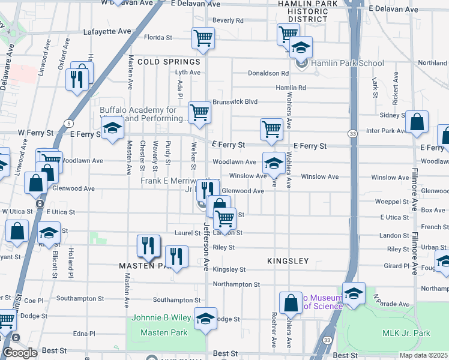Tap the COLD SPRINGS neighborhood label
tap(168, 62)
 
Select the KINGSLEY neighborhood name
tap(288, 261)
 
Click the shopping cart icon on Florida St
tap(203, 38)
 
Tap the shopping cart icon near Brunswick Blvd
tap(199, 112)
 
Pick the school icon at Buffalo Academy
tap(112, 128)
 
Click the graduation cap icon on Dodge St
tap(205, 318)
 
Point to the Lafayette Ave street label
tap(107, 31)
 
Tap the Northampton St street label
tap(236, 284)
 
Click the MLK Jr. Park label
tap(406, 333)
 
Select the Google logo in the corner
tap(20, 353)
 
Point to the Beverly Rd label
tap(228, 20)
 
